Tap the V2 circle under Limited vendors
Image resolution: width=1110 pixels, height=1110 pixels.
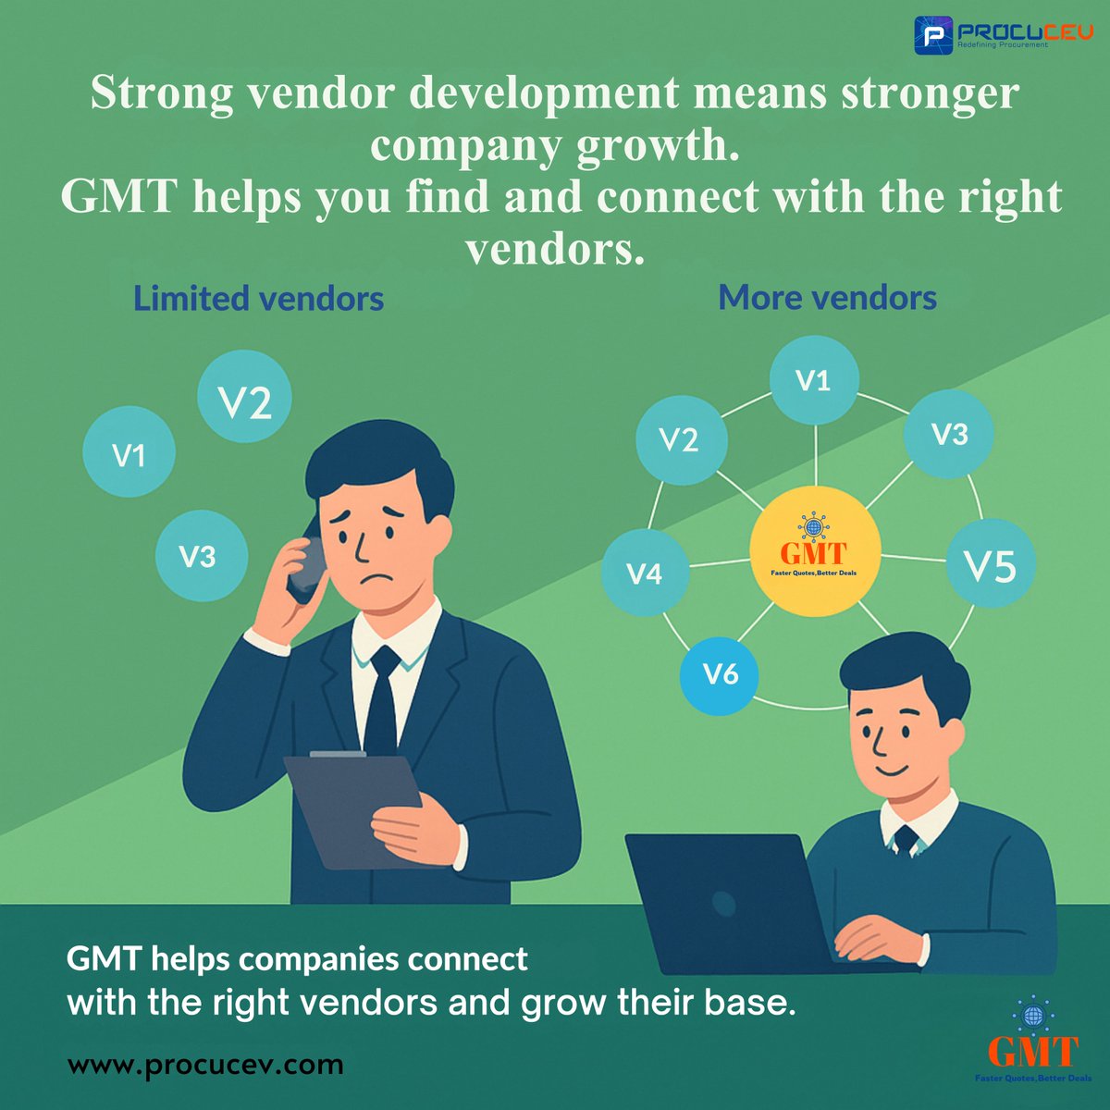245,397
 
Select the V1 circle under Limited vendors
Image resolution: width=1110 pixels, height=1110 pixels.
129,453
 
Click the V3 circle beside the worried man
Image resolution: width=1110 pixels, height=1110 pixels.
201,555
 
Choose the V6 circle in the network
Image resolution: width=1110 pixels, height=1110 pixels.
720,674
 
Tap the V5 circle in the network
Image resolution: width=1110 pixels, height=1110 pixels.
990,563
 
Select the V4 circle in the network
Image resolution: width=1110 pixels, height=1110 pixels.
645,573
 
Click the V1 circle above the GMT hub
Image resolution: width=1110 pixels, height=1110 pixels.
814,379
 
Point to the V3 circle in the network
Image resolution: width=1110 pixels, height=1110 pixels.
948,434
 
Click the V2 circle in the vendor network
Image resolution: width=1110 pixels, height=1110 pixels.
680,439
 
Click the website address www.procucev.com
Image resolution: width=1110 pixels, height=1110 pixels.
205,1065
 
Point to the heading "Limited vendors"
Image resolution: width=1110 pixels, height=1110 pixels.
259,299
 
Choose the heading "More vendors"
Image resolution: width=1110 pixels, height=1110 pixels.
827,298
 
